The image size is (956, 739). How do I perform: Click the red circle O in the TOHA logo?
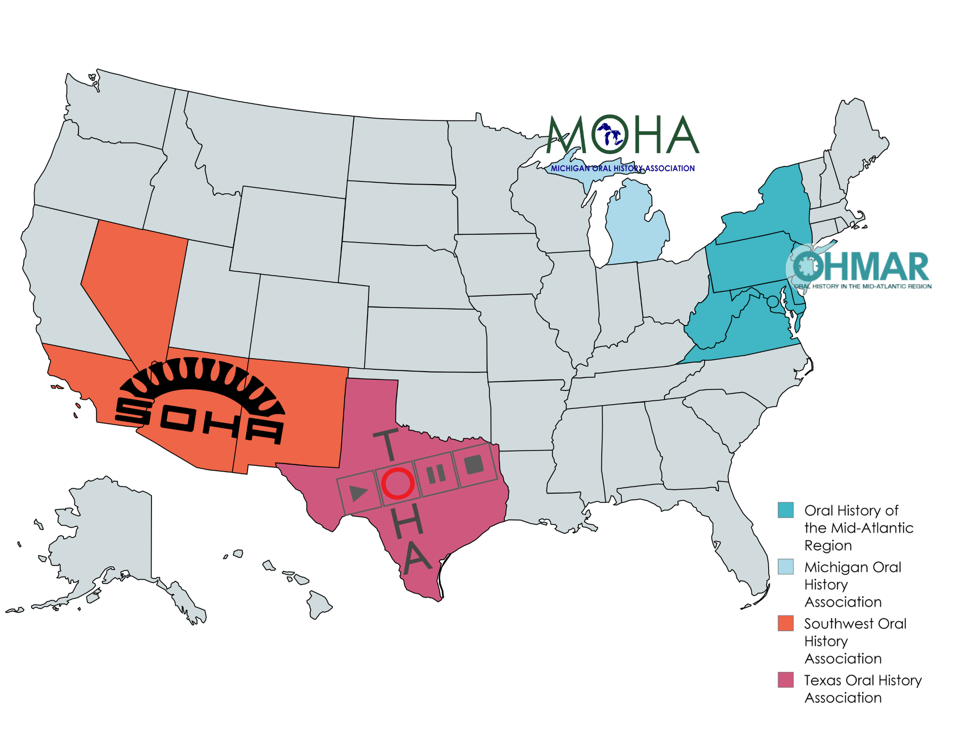click(397, 483)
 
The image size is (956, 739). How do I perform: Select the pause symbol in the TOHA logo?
click(436, 474)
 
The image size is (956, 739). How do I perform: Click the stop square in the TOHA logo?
click(474, 464)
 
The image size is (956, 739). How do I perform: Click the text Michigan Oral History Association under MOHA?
click(622, 168)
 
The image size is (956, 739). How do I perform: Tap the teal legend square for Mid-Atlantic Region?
click(785, 510)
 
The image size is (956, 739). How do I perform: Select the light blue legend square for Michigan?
click(785, 566)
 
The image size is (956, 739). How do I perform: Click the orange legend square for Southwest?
click(785, 623)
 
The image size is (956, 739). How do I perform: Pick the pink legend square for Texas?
click(785, 679)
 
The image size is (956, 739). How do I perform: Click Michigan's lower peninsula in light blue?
click(636, 230)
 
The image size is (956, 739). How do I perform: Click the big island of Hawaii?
click(318, 604)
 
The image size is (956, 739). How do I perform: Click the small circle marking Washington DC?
click(772, 302)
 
